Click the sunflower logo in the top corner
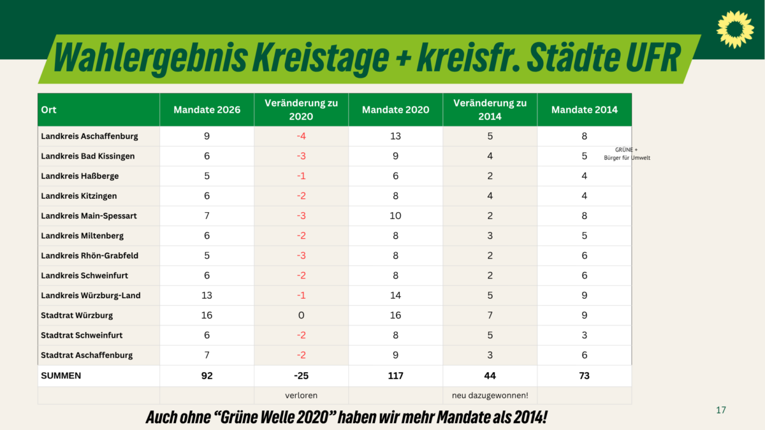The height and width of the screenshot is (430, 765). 735,29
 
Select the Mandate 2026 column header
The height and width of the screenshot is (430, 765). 207,110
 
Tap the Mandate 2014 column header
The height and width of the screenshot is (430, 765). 584,110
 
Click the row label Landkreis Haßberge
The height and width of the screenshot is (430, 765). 80,176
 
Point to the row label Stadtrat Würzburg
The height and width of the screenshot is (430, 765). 77,315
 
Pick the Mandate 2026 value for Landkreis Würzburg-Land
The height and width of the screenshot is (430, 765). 207,296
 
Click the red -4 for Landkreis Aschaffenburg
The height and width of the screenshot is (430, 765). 301,136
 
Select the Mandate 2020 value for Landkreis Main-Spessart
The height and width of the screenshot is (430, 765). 395,216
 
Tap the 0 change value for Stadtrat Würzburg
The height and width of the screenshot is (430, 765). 301,315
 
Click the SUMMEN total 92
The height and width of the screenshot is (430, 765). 207,376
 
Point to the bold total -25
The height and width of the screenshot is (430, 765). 301,376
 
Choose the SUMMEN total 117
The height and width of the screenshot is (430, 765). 395,376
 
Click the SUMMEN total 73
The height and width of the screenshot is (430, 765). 584,376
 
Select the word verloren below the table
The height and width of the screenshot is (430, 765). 301,396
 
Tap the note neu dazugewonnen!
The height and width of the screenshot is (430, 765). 490,396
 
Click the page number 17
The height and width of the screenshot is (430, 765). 721,410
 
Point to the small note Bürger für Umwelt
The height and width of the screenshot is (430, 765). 627,158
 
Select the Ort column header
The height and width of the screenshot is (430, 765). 48,110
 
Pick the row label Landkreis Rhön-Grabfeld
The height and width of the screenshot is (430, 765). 89,255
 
